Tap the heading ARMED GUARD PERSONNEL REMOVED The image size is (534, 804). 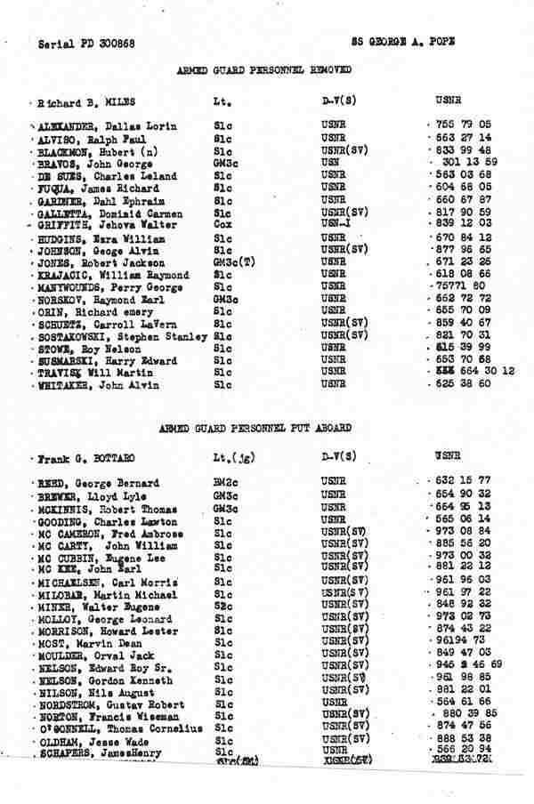click(263, 69)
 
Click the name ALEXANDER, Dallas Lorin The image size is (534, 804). click(99, 126)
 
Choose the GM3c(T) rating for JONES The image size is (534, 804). click(231, 263)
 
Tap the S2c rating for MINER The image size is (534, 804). click(222, 605)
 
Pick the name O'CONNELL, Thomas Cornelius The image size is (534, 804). click(118, 728)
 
